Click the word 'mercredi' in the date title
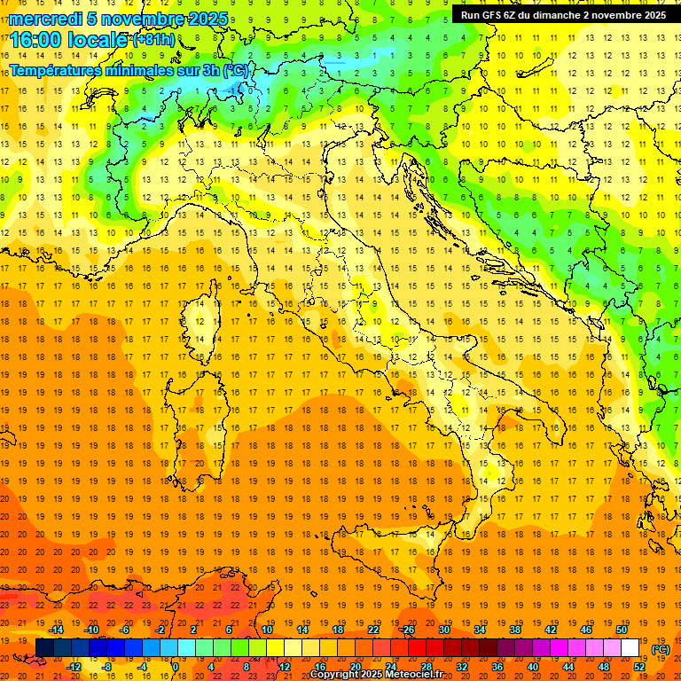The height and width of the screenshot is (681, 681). tap(45, 19)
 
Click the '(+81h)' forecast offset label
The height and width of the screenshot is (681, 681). tap(153, 40)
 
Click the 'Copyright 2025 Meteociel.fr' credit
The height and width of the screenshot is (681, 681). tap(376, 675)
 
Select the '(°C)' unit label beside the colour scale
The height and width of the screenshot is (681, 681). tap(661, 649)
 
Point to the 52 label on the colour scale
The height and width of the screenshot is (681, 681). tap(639, 667)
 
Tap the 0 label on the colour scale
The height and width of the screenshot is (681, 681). tap(176, 667)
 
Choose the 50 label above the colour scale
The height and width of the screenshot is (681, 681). tap(622, 630)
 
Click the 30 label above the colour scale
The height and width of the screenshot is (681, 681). tap(443, 630)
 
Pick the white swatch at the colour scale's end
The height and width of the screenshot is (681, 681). tap(630, 648)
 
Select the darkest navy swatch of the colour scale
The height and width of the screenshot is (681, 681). tap(44, 648)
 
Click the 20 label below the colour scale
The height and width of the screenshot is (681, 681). tap(355, 667)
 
